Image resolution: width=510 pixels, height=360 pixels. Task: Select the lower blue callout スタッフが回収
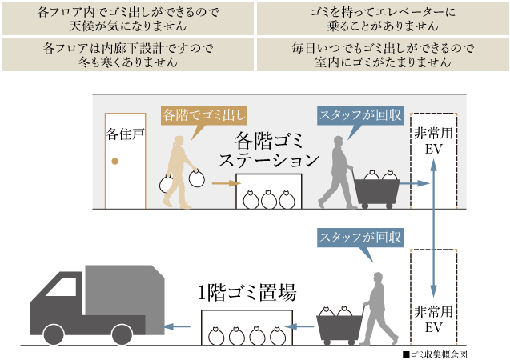[x=360, y=238]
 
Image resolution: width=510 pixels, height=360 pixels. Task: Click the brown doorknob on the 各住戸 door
[x=114, y=161]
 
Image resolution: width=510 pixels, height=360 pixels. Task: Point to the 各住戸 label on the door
[x=125, y=134]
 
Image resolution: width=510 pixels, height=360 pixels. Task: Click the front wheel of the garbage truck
[x=54, y=334]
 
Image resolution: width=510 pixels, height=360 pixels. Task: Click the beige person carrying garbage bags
[x=180, y=172]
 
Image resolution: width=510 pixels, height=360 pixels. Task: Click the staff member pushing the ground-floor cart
[x=377, y=308]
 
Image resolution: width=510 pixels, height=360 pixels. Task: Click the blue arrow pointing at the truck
[x=178, y=326]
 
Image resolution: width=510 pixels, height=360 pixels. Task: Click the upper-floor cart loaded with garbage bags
[x=377, y=190]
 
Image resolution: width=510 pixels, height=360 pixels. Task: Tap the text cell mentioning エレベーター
[x=383, y=18]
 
